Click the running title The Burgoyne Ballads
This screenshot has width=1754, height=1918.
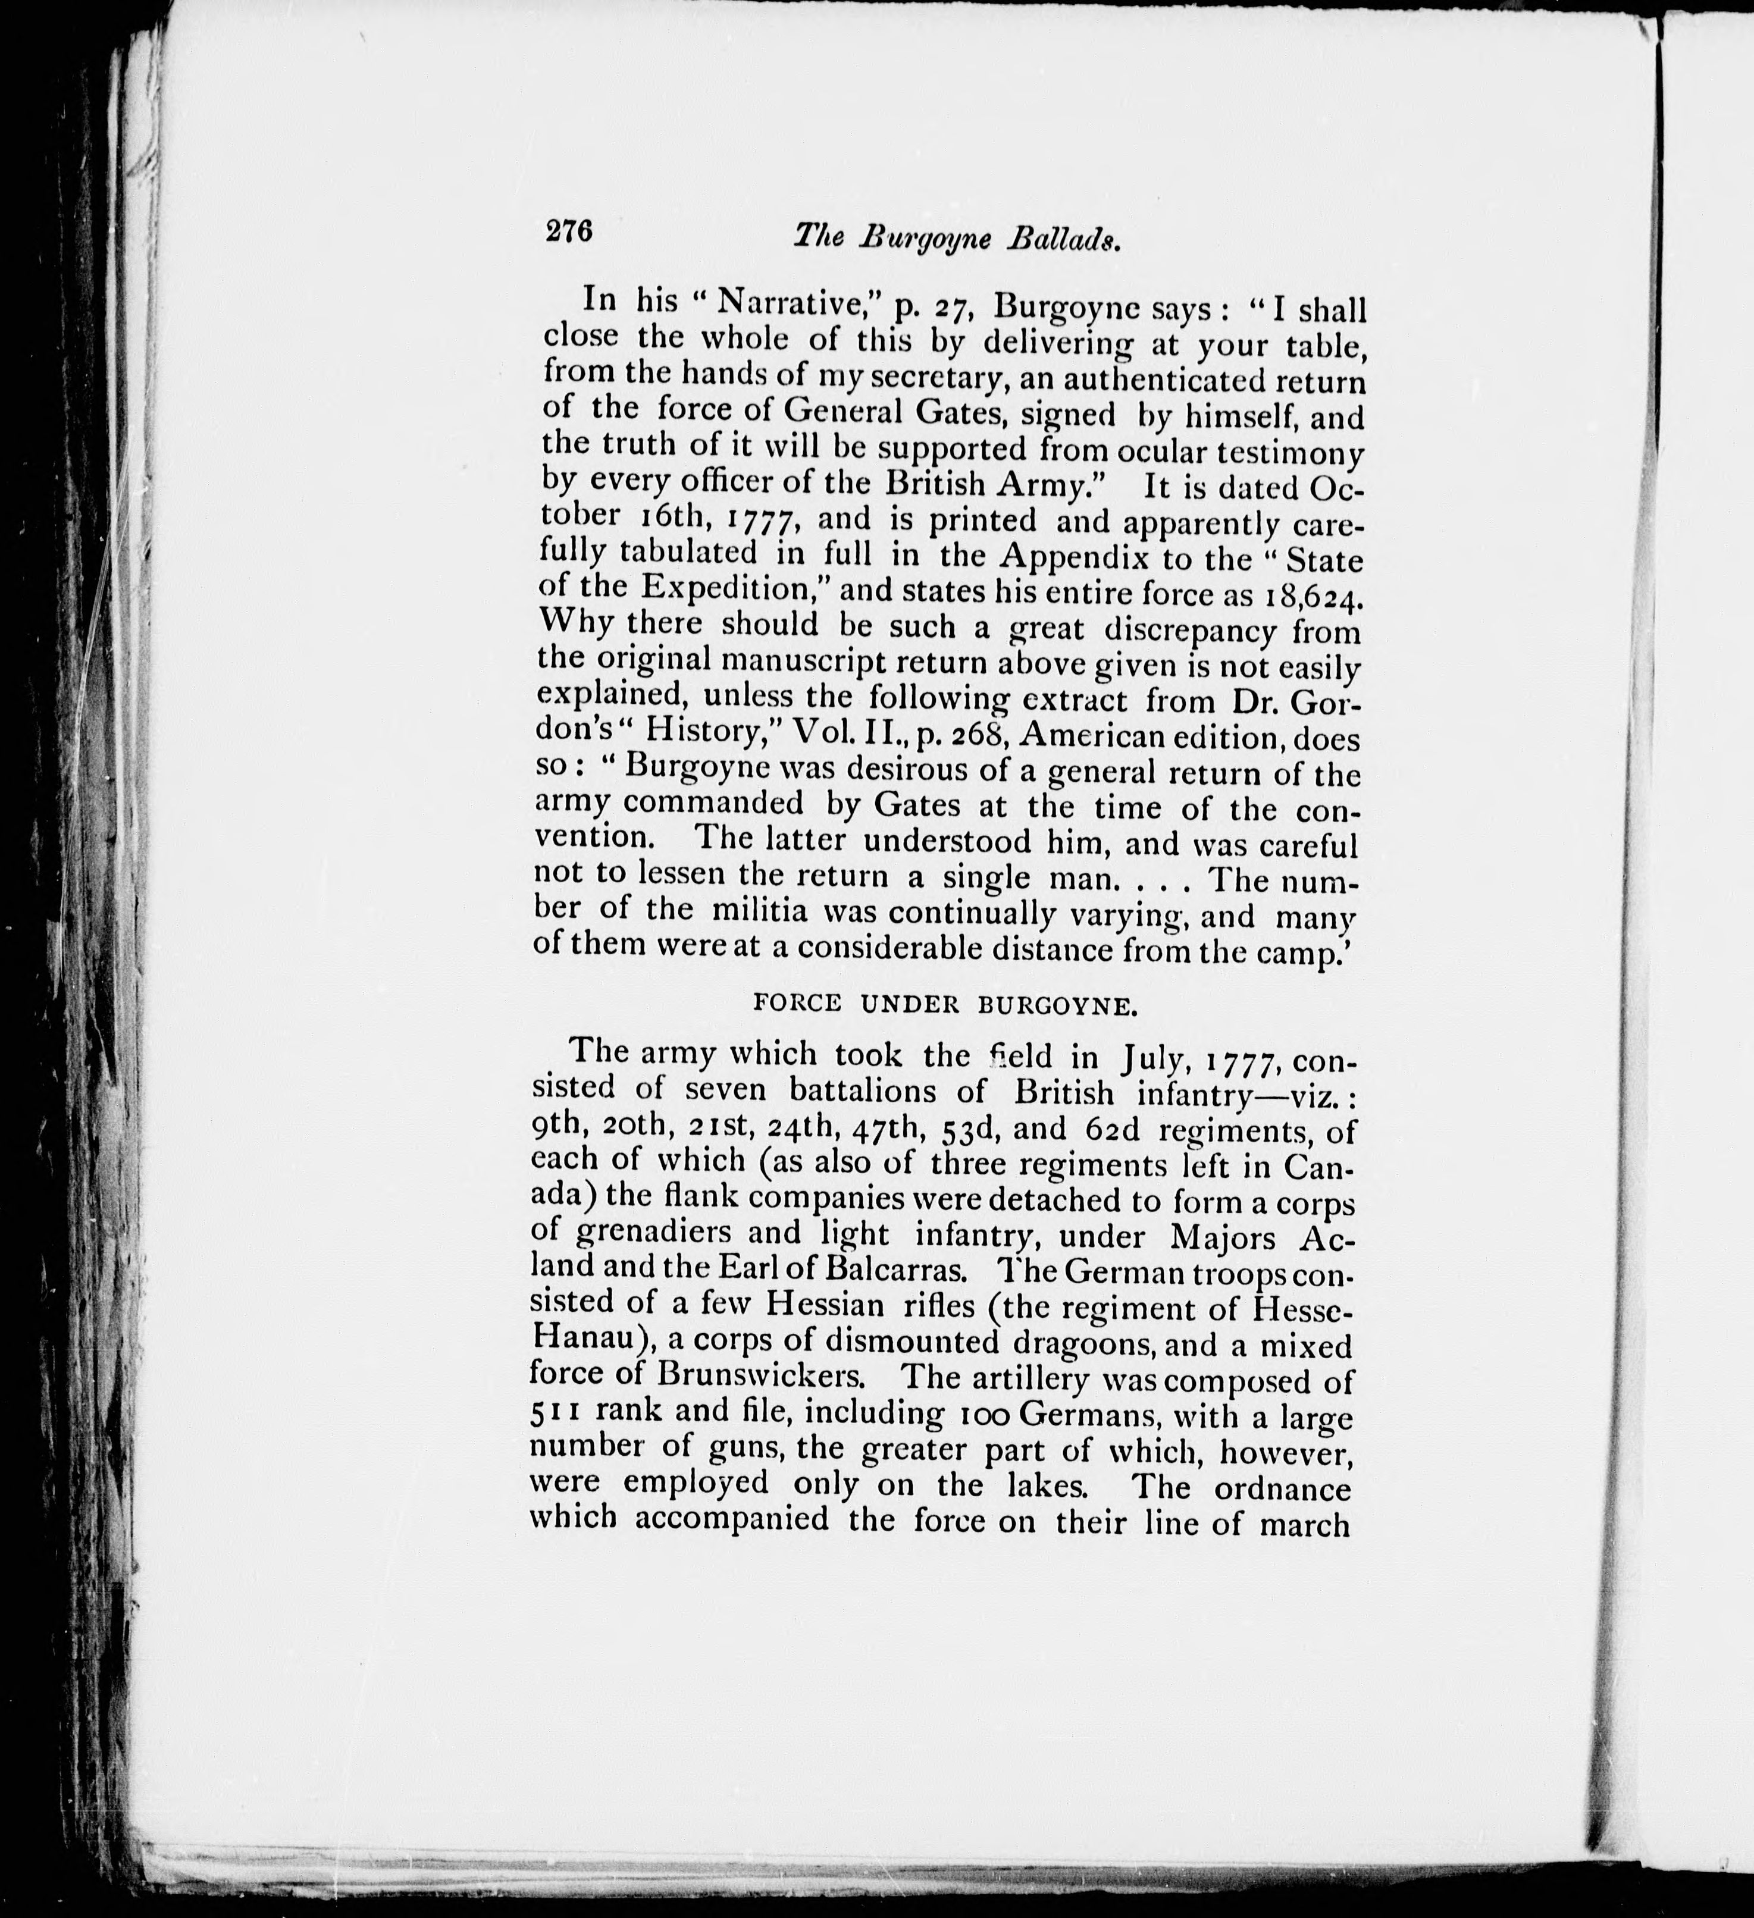(957, 238)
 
